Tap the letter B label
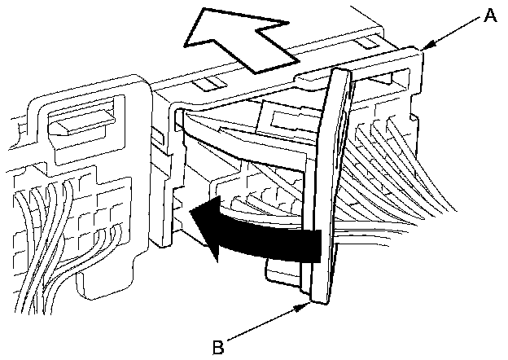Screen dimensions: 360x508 point(217,346)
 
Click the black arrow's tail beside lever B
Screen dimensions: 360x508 point(313,244)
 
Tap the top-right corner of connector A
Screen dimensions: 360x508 point(423,51)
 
